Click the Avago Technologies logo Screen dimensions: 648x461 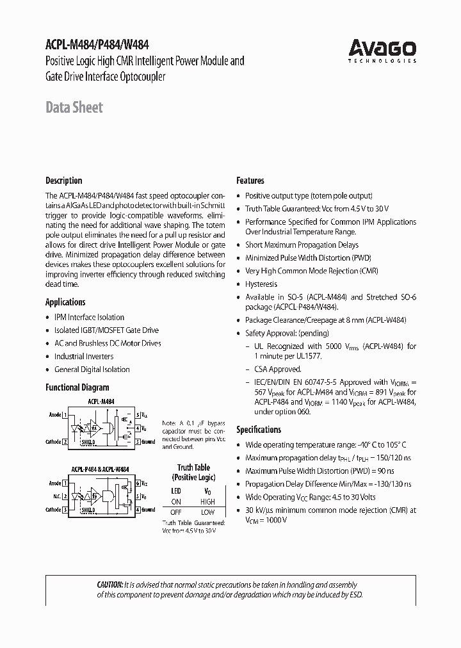click(382, 50)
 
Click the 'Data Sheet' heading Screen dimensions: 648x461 click(74, 108)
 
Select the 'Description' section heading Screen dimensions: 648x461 click(63, 181)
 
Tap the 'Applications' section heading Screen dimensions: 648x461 click(65, 302)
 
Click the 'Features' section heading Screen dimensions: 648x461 click(250, 181)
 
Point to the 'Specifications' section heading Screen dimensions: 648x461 click(259, 430)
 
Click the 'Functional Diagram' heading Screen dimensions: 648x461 click(77, 387)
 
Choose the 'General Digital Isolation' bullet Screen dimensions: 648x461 click(92, 369)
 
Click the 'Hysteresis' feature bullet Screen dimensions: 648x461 click(261, 284)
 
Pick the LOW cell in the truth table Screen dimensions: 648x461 click(207, 512)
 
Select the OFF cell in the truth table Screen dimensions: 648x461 click(176, 512)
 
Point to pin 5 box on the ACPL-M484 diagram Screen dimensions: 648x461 click(137, 415)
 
